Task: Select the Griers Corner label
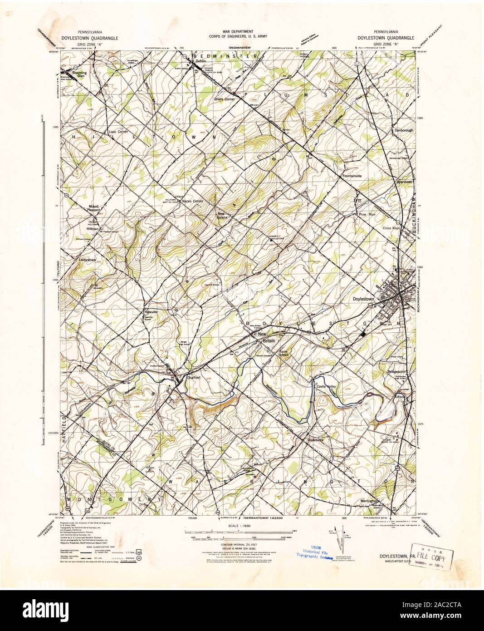(x=226, y=99)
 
